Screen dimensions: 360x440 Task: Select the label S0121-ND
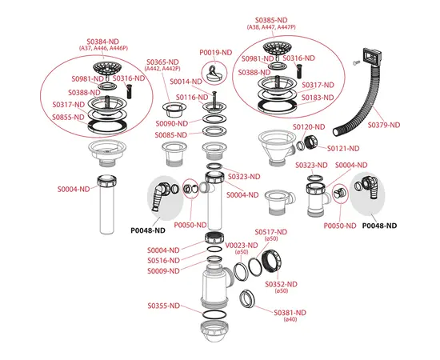[x=343, y=148]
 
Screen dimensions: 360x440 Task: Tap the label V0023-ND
[x=242, y=246]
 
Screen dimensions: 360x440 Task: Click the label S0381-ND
[x=290, y=312]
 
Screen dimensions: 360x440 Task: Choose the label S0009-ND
[x=164, y=272]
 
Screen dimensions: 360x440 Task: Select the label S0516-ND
[x=164, y=261]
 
